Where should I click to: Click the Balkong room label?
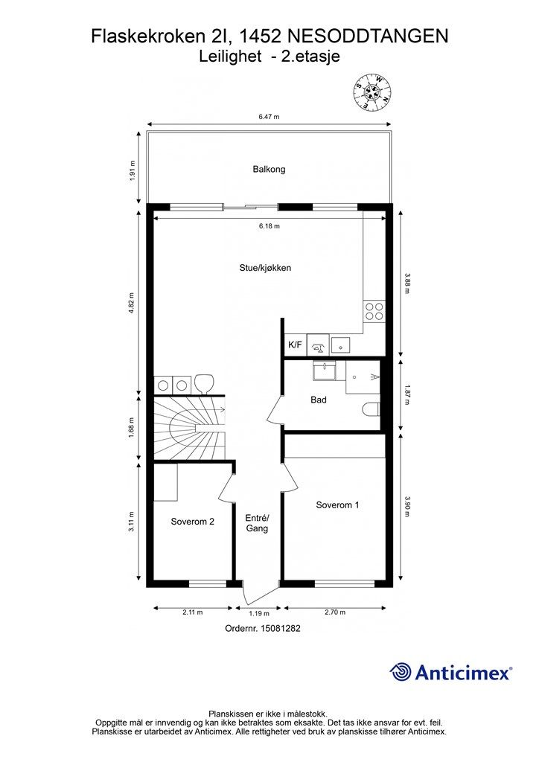click(269, 170)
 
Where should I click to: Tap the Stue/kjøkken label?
click(265, 268)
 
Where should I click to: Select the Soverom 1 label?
click(337, 505)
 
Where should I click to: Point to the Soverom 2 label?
click(193, 522)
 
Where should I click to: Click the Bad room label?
click(319, 400)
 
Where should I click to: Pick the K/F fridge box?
click(295, 345)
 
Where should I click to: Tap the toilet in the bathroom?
click(371, 409)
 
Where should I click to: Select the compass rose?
click(371, 91)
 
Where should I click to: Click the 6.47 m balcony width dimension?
click(269, 117)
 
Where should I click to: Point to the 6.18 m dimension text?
click(269, 226)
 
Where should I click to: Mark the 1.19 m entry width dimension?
click(259, 613)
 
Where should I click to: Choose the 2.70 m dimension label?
click(335, 612)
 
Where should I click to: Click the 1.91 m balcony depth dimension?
click(132, 170)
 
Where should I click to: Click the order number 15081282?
click(281, 628)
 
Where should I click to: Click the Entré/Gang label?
click(257, 523)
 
